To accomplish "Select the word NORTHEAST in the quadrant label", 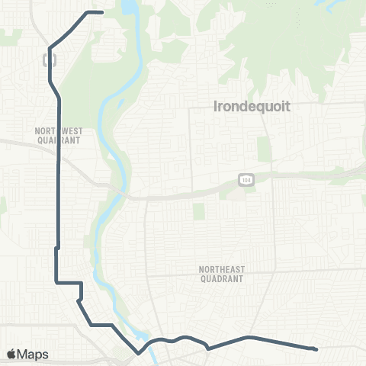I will (x=220, y=269).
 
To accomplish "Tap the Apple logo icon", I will (x=11, y=355).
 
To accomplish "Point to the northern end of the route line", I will (x=101, y=12).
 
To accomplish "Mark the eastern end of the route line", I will (x=316, y=350).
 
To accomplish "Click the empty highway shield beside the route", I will (x=50, y=58).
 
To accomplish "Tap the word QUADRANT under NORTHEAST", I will (x=220, y=279).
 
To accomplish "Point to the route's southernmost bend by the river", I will (x=138, y=353).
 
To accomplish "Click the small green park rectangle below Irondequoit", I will (x=265, y=149).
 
